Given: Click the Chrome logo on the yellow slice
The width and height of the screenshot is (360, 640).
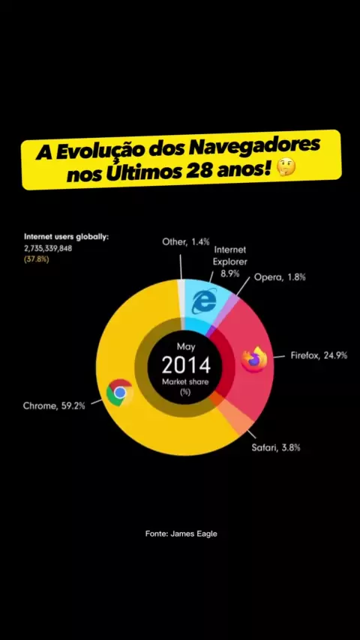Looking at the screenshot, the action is point(120,393).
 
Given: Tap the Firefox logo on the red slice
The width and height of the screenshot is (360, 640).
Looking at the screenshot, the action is point(253,359).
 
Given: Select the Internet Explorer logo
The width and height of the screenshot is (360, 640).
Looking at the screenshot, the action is point(204,301).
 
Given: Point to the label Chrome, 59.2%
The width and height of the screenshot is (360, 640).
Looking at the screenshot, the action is point(54,405).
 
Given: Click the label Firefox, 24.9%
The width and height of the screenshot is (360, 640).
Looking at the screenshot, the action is point(319,355).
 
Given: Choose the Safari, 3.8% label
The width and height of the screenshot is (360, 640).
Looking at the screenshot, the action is point(276,447).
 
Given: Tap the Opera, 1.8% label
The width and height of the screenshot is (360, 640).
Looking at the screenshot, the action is point(280,277).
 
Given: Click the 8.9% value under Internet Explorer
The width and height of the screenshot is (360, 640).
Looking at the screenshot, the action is point(230,274).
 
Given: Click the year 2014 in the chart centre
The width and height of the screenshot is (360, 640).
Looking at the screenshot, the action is point(186,365).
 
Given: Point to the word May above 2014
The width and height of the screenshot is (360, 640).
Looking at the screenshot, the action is point(186,347).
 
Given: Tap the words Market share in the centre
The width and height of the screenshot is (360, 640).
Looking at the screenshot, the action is point(185,382).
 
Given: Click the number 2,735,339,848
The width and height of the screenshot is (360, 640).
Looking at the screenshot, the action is point(48,248).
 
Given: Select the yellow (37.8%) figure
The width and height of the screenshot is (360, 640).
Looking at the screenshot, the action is point(36,259).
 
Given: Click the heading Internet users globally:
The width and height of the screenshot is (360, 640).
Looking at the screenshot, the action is point(67,237).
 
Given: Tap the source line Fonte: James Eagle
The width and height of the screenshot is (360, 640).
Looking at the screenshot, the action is point(181,534).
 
